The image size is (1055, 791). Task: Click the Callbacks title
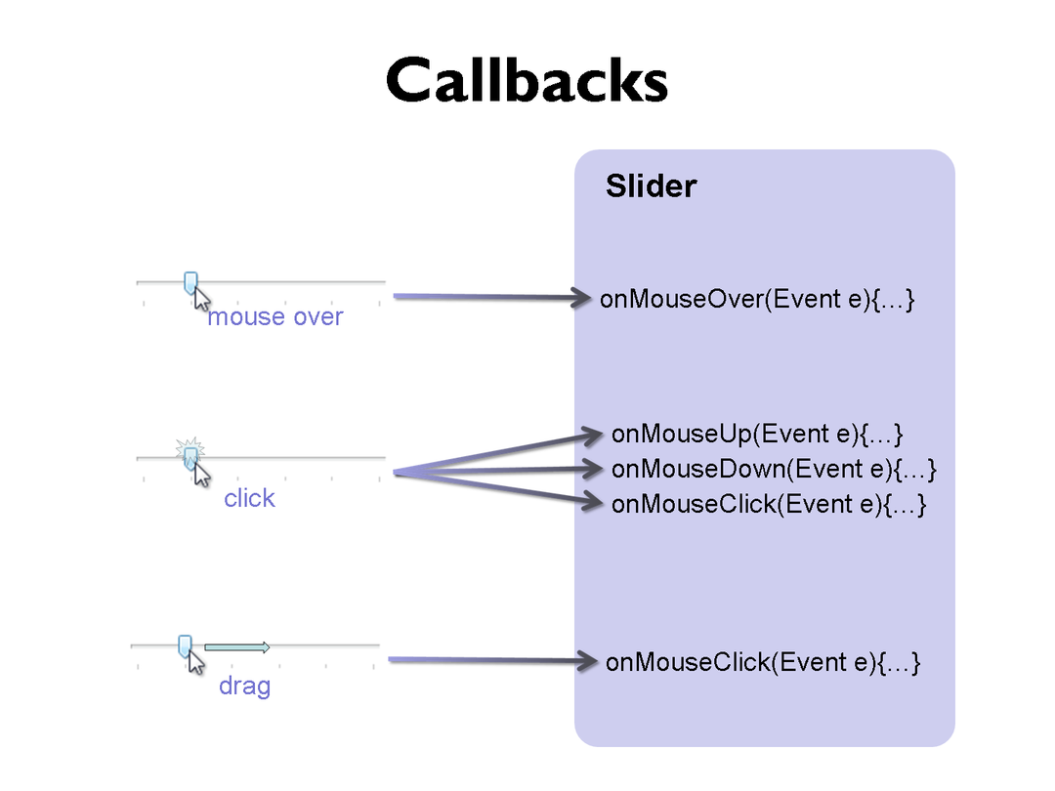(x=527, y=80)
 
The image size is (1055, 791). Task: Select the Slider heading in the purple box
(x=651, y=187)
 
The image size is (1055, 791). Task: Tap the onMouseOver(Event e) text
(x=756, y=299)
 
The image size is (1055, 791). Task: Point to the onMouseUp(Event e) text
(x=756, y=433)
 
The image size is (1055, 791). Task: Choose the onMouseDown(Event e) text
(x=774, y=469)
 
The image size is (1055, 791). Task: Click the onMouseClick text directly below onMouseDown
(x=768, y=504)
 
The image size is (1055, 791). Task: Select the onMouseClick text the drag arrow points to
(x=763, y=662)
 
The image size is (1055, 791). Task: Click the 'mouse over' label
(x=275, y=317)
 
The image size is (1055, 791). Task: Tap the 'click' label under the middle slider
(x=249, y=499)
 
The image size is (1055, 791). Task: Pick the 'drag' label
(x=244, y=687)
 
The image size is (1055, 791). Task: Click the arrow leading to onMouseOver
(x=488, y=297)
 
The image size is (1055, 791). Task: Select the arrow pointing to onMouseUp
(x=498, y=451)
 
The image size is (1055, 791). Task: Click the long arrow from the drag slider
(x=488, y=661)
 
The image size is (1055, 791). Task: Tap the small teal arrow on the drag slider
(x=236, y=646)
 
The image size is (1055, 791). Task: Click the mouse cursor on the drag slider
(x=196, y=662)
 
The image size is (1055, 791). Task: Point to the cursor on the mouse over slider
(x=202, y=298)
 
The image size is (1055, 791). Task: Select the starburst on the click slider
(x=190, y=450)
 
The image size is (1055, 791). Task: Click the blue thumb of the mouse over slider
(x=190, y=281)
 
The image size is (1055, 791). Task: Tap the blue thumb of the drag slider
(x=185, y=645)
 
